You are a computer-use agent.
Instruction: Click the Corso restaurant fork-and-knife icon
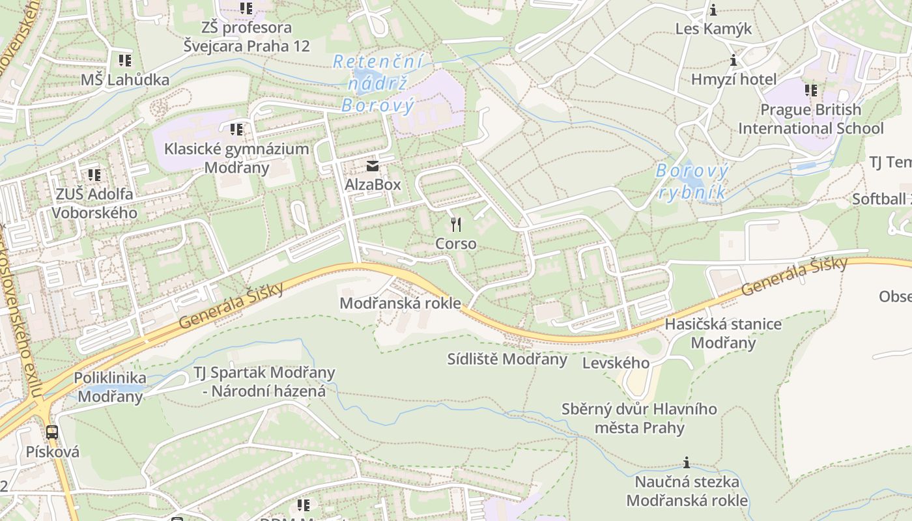point(456,225)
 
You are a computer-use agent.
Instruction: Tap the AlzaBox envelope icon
point(373,166)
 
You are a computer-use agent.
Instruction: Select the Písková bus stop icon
point(52,432)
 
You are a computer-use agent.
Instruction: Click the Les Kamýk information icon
point(713,10)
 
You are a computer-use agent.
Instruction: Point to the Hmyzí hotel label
point(734,79)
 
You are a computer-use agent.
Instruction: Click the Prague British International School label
point(810,119)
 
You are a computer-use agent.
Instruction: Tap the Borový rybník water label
point(692,182)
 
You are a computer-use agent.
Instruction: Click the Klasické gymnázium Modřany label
point(236,158)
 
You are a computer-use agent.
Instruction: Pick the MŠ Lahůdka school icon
point(124,61)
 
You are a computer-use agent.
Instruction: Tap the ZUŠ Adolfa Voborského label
point(94,203)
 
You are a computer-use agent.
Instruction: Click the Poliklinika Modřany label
point(110,387)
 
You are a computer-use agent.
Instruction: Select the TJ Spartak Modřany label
point(264,382)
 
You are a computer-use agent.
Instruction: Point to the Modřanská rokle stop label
point(400,303)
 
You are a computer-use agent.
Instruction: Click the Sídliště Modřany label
point(507,359)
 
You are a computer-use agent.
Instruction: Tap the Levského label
point(616,363)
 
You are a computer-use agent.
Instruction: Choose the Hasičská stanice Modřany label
point(723,333)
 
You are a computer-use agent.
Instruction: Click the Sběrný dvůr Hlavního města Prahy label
point(639,418)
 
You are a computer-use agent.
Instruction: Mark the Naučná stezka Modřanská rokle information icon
point(686,463)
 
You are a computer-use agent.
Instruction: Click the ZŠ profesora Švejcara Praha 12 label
point(246,37)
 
